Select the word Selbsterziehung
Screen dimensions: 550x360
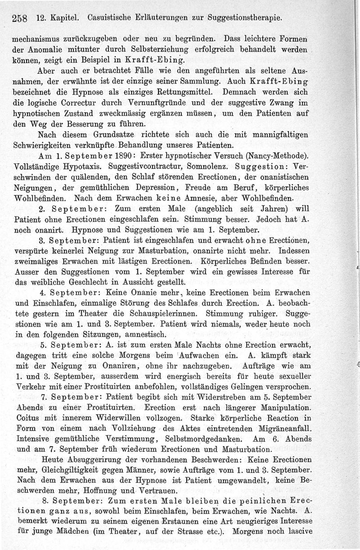(x=173, y=49)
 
